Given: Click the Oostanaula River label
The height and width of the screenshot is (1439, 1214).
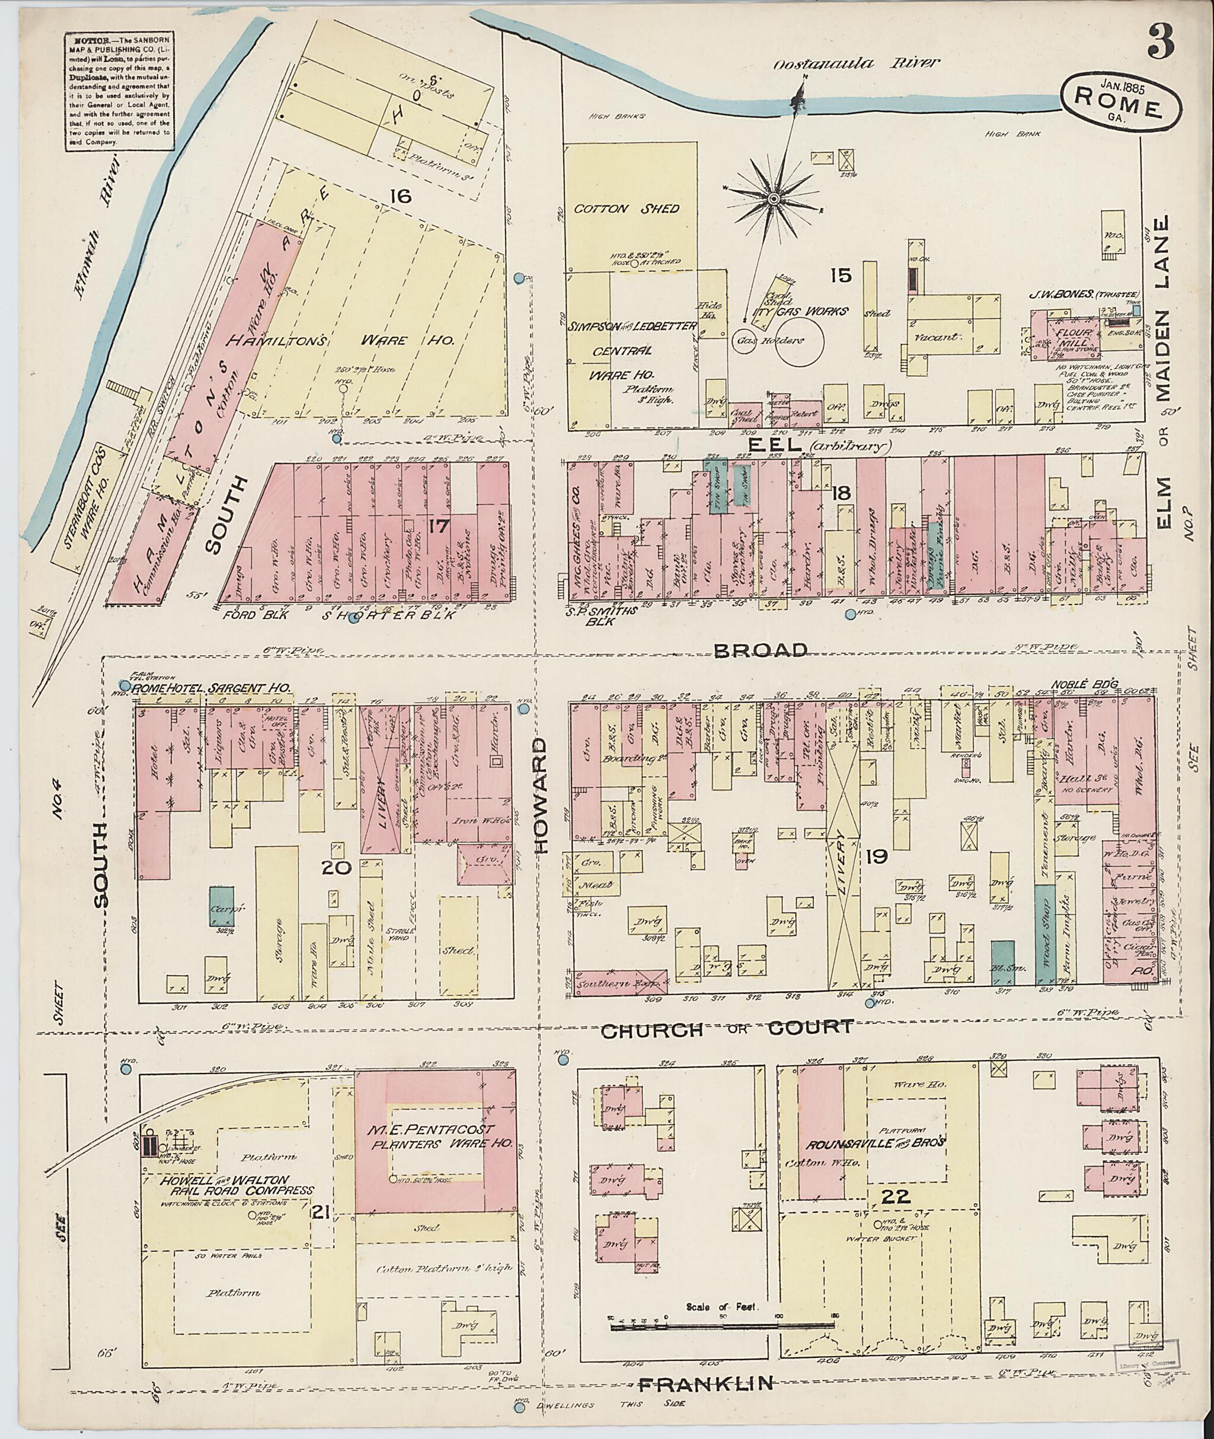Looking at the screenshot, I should [855, 63].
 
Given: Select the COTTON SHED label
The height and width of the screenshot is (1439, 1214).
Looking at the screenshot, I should [628, 209].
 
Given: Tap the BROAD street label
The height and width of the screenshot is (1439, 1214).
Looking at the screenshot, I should [760, 650].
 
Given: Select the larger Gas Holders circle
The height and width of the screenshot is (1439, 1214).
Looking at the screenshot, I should [800, 341].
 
